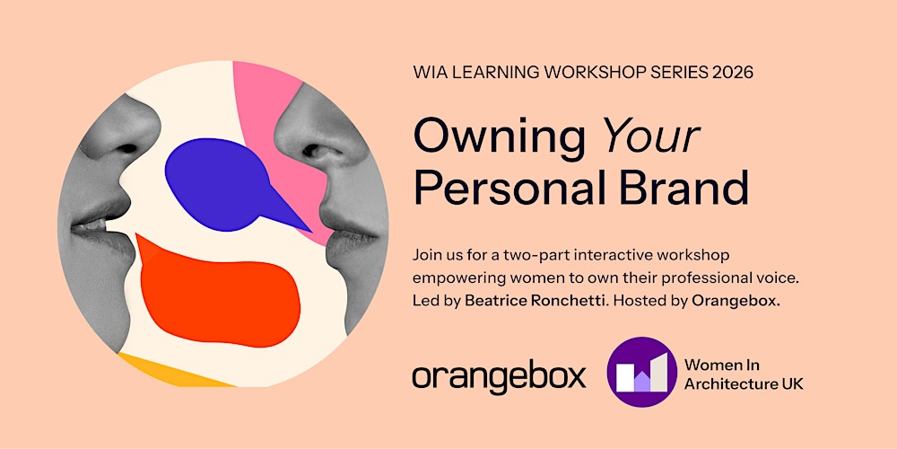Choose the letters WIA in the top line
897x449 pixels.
(431, 72)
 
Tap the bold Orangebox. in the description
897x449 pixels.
(736, 301)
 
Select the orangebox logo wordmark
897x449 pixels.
(499, 375)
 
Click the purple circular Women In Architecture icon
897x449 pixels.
(640, 371)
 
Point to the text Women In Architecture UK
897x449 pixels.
(743, 374)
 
